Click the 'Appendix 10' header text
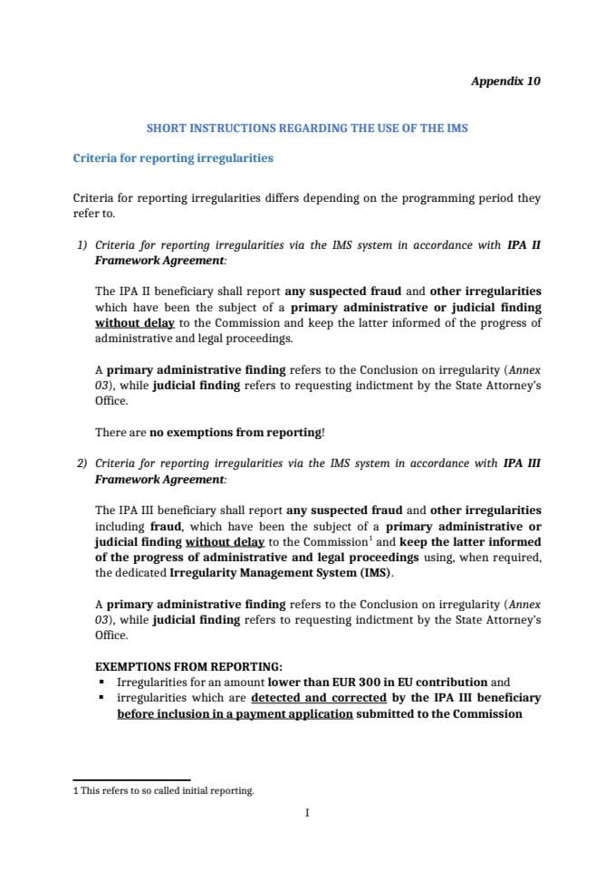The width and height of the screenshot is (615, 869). coord(505,81)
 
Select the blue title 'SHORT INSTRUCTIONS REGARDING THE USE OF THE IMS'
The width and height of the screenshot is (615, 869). coord(307,129)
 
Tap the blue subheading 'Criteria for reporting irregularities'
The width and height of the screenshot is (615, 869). coord(172,158)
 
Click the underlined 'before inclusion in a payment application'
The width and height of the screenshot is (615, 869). coord(235,714)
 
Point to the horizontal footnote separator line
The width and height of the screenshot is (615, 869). coord(130,779)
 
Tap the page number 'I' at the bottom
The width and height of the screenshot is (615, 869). coord(307,813)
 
